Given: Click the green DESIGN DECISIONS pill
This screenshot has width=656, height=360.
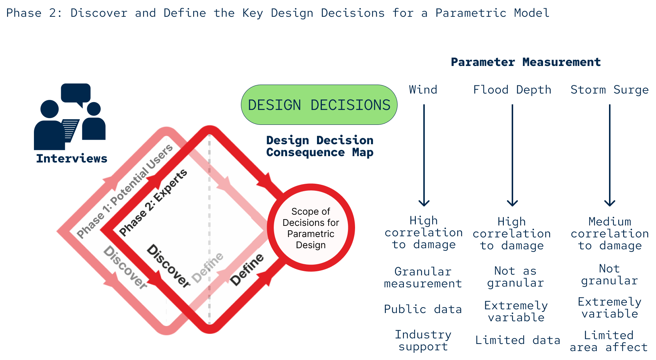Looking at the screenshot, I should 319,105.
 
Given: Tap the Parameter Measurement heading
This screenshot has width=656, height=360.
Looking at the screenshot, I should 525,62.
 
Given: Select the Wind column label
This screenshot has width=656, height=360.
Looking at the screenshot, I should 423,90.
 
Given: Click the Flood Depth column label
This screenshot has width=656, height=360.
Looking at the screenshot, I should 512,90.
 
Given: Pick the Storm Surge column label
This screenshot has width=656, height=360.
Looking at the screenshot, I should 609,90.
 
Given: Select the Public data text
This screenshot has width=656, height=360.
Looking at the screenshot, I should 423,309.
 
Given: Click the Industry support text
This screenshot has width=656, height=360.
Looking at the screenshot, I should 423,341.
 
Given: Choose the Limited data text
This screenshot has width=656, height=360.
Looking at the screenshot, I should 518,340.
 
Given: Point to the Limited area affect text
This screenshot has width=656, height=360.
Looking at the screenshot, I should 609,341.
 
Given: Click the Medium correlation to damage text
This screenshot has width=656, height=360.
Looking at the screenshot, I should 610,234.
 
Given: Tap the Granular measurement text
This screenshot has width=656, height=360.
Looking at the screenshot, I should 423,278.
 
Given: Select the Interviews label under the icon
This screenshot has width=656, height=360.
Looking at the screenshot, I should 72,158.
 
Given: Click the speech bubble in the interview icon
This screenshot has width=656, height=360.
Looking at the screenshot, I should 76,93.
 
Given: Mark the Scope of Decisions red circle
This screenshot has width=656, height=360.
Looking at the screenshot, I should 311,228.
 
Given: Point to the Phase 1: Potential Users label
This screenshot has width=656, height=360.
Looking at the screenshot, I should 125,191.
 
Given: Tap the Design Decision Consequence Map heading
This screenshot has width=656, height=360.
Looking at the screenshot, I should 320,146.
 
